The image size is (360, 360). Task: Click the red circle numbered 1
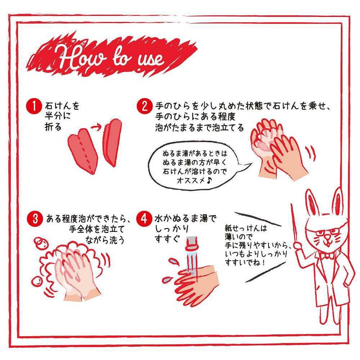[34, 107]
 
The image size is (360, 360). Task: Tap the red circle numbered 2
[144, 106]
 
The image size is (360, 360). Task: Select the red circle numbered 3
[35, 219]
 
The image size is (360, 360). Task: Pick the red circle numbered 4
[144, 219]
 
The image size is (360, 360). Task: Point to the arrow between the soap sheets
[96, 127]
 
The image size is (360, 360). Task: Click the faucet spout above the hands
[192, 244]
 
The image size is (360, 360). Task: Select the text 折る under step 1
[53, 126]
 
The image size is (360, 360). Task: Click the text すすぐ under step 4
[167, 239]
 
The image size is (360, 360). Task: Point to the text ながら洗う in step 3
[105, 240]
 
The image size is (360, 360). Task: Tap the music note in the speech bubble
[208, 181]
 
